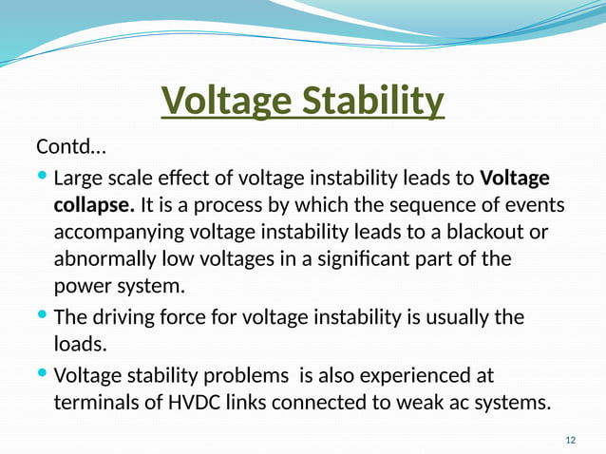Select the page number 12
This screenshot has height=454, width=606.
coord(570,440)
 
